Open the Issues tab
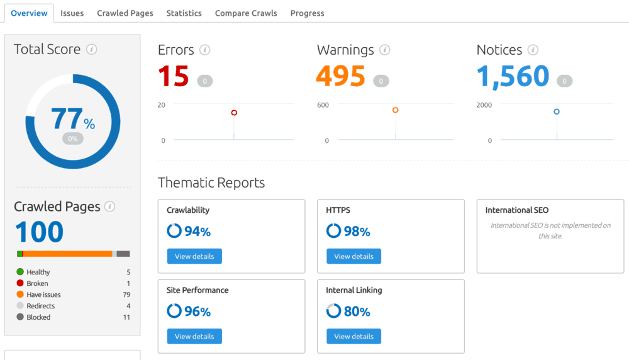[x=72, y=13]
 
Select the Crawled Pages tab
[x=125, y=13]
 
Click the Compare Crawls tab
[x=246, y=13]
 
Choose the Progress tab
[x=308, y=13]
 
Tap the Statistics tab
[x=184, y=13]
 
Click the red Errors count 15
[x=174, y=76]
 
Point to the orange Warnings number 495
[x=341, y=76]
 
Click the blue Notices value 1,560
[x=513, y=76]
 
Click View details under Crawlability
[x=194, y=256]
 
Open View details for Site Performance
[x=194, y=336]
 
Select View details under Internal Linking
[x=353, y=336]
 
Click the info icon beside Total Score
[x=92, y=49]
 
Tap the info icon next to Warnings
[x=385, y=50]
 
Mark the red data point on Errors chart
[x=234, y=113]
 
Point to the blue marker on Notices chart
[x=557, y=112]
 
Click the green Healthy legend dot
[x=20, y=272]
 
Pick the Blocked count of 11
[x=126, y=317]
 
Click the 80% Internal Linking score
[x=357, y=312]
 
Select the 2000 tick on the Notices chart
[x=484, y=104]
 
